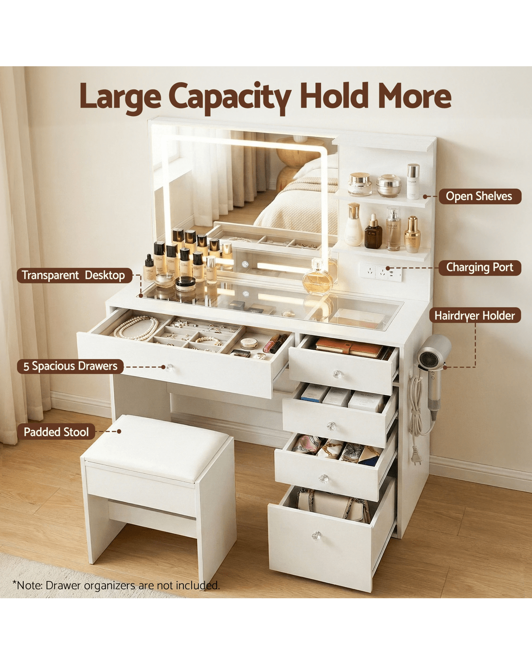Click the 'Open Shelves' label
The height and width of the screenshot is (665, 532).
pyautogui.click(x=480, y=196)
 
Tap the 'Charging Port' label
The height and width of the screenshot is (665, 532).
pyautogui.click(x=480, y=267)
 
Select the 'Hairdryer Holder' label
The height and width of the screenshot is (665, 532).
pyautogui.click(x=475, y=315)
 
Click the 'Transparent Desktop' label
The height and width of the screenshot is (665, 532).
pyautogui.click(x=74, y=275)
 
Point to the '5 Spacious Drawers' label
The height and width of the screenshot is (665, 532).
pyautogui.click(x=71, y=366)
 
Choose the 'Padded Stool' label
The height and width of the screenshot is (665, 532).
pyautogui.click(x=56, y=432)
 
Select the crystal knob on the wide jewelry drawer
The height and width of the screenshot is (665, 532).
pyautogui.click(x=169, y=368)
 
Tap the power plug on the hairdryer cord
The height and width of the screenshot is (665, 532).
pyautogui.click(x=417, y=460)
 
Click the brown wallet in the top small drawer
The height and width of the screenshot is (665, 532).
pyautogui.click(x=349, y=347)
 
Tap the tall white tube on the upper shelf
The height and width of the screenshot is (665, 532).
pyautogui.click(x=413, y=181)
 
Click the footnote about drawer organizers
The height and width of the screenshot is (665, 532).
pyautogui.click(x=116, y=585)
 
